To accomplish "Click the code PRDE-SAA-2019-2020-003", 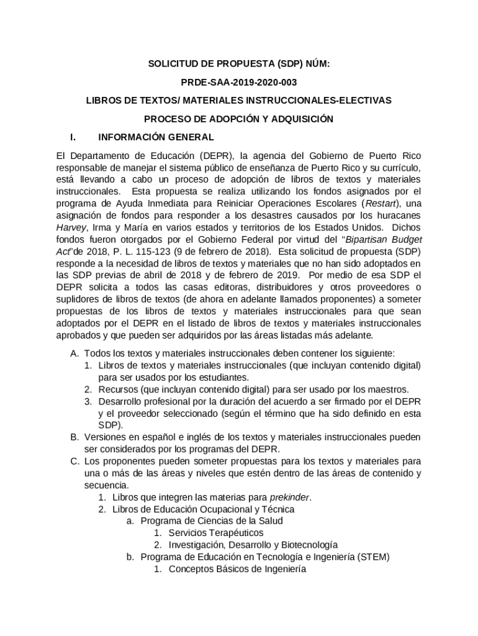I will pyautogui.click(x=238, y=81).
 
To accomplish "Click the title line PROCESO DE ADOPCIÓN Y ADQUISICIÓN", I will pyautogui.click(x=239, y=119).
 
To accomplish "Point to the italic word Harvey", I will pyautogui.click(x=71, y=227).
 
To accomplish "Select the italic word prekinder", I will pyautogui.click(x=289, y=497).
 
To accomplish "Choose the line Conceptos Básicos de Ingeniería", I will pyautogui.click(x=237, y=569).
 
